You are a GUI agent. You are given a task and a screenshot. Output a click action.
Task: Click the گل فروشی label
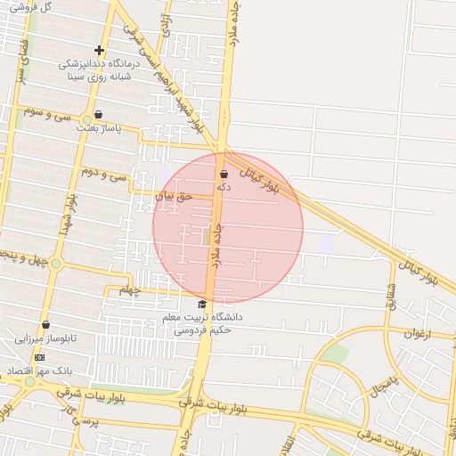(29, 6)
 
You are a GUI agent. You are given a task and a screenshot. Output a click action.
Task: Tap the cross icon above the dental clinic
(99, 51)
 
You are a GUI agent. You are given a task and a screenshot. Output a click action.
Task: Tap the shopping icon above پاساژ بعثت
(98, 115)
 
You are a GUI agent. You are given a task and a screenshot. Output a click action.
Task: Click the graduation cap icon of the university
(201, 304)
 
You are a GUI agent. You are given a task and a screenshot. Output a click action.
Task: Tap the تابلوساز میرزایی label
(45, 339)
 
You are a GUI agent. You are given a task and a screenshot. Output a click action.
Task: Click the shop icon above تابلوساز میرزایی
(45, 325)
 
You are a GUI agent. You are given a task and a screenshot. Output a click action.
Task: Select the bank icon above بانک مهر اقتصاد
(39, 356)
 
